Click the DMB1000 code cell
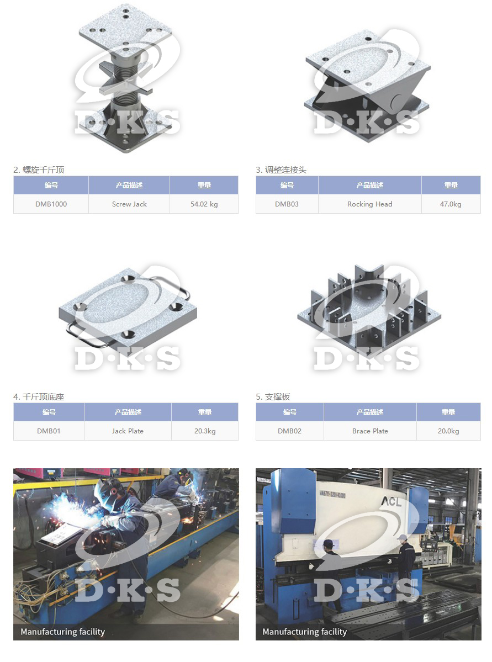pyautogui.click(x=51, y=204)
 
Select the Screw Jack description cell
pyautogui.click(x=129, y=204)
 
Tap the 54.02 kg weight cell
pyautogui.click(x=204, y=204)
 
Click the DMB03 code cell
pyautogui.click(x=287, y=204)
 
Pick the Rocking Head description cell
pyautogui.click(x=369, y=204)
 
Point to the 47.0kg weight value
pyautogui.click(x=451, y=204)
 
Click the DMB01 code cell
pyautogui.click(x=49, y=431)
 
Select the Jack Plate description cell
pyautogui.click(x=128, y=431)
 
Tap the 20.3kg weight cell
pyautogui.click(x=205, y=431)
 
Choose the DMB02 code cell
pyautogui.click(x=290, y=431)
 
